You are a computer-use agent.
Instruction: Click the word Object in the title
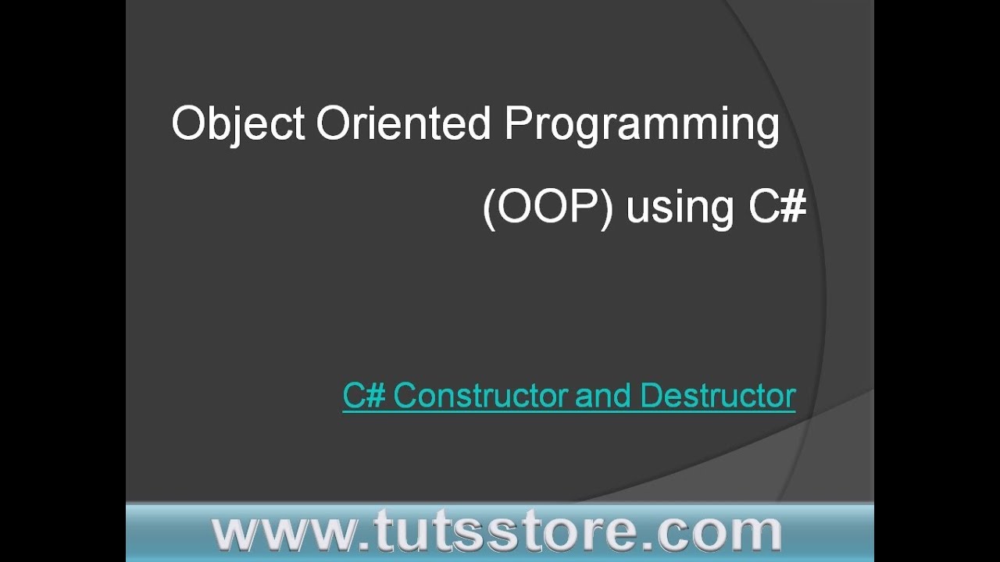click(x=237, y=123)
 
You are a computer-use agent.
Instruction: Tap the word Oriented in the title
click(x=403, y=123)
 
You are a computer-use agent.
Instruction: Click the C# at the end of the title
click(x=777, y=206)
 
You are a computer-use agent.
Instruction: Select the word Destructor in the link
click(x=717, y=396)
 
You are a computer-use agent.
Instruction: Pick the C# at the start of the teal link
click(x=364, y=396)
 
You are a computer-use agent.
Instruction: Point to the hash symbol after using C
click(x=792, y=206)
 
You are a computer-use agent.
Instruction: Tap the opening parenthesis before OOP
click(x=489, y=208)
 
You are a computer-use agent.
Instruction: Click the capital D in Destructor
click(x=650, y=396)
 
